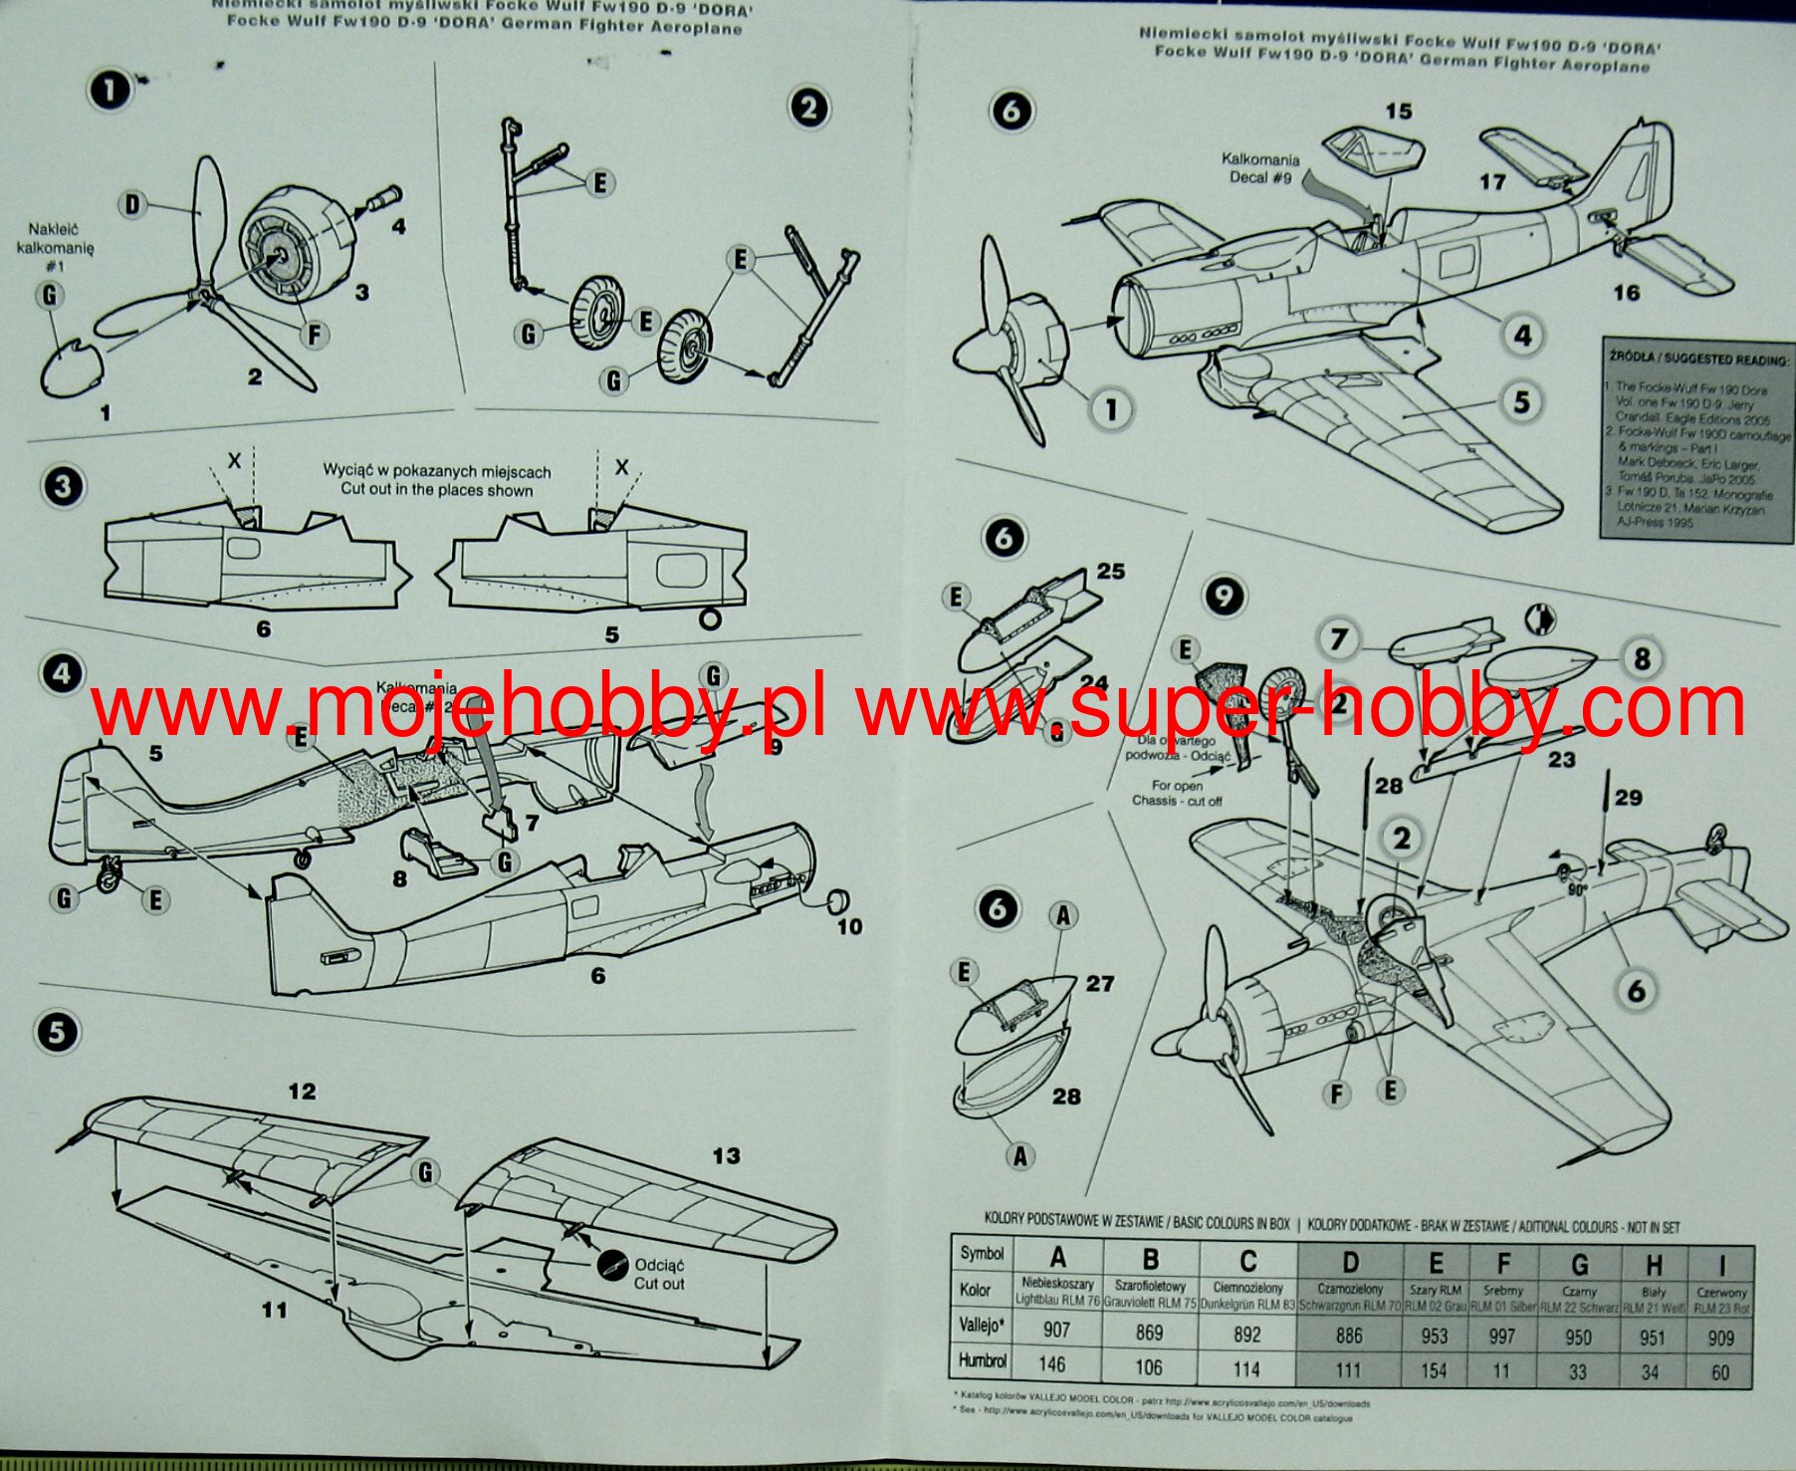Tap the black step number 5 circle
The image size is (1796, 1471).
pyautogui.click(x=57, y=1032)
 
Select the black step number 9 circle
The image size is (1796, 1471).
pyautogui.click(x=1224, y=597)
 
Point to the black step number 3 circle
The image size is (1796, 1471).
pyautogui.click(x=63, y=487)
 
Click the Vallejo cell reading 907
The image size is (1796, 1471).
pyautogui.click(x=1056, y=1330)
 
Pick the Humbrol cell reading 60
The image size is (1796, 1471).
pyautogui.click(x=1720, y=1371)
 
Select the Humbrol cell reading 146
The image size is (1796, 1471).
pyautogui.click(x=1052, y=1363)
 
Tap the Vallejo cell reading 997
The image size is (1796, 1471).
pyautogui.click(x=1501, y=1336)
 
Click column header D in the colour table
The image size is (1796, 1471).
pyautogui.click(x=1349, y=1263)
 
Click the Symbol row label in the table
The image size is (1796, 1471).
pyautogui.click(x=981, y=1254)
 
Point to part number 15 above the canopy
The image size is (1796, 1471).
pyautogui.click(x=1399, y=112)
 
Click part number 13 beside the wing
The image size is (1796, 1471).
pyautogui.click(x=726, y=1155)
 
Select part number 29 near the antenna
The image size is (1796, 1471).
pyautogui.click(x=1629, y=797)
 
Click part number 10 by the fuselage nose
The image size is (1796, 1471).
pyautogui.click(x=849, y=926)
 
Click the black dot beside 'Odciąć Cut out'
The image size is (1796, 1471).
pyautogui.click(x=611, y=1265)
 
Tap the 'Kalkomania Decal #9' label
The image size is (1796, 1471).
pyautogui.click(x=1260, y=168)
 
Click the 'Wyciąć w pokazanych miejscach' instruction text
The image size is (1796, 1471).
pyautogui.click(x=436, y=471)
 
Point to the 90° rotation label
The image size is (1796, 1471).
pyautogui.click(x=1577, y=888)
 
